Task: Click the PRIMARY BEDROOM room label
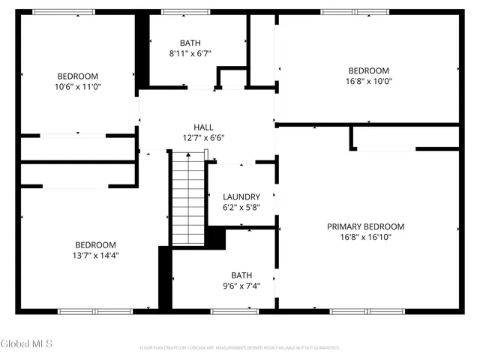365,226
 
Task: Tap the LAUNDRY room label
241,197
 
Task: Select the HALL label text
203,127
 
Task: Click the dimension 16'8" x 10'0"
368,82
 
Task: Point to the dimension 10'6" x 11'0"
78,87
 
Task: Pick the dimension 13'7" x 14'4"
95,256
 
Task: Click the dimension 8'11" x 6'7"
190,53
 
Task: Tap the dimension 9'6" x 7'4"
241,286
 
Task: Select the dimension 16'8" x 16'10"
365,237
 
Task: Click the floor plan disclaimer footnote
240,348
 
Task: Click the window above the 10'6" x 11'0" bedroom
64,12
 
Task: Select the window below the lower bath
235,310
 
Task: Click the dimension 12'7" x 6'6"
203,138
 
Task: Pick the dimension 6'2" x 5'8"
241,208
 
